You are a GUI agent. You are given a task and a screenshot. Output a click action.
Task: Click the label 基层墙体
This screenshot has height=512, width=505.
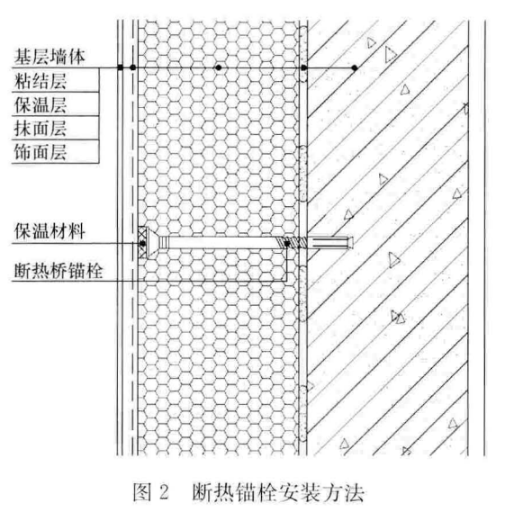50,57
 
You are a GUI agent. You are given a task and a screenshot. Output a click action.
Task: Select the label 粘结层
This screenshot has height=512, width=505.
41,81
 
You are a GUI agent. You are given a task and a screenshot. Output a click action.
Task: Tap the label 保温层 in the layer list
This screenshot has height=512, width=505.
41,104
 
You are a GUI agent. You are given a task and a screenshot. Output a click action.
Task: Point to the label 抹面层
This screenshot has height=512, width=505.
41,129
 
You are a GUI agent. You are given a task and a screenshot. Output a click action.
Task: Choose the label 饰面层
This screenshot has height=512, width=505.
41,152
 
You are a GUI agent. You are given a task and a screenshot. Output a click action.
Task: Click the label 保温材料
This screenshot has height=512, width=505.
50,231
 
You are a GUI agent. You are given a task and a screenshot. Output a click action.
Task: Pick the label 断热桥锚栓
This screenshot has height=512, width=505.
59,271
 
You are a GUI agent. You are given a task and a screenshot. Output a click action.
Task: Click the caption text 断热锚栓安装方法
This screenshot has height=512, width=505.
278,492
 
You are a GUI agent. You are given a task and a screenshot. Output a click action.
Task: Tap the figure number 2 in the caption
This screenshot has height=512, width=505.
164,492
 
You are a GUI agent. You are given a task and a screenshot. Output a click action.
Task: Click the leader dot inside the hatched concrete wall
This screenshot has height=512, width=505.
355,67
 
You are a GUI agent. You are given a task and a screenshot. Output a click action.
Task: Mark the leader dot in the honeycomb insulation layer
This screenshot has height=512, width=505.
219,67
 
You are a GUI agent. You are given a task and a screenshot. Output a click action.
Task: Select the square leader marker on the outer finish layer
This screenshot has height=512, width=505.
121,67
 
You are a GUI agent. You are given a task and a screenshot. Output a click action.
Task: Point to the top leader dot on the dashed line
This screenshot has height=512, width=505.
132,67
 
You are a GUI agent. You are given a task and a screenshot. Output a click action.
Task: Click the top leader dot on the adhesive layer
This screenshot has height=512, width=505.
303,67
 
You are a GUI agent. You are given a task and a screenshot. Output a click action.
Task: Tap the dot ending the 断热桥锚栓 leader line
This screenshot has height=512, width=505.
287,244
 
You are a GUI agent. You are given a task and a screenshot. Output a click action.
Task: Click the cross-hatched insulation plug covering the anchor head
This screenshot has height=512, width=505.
142,243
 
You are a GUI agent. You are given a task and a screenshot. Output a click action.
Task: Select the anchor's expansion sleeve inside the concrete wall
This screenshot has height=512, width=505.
330,243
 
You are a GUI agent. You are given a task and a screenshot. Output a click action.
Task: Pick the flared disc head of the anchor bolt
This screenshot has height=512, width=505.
153,243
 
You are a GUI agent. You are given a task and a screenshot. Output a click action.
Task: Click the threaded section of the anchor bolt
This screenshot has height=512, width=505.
292,243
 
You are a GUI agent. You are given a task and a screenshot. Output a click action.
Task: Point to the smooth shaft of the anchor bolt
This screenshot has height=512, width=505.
218,243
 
